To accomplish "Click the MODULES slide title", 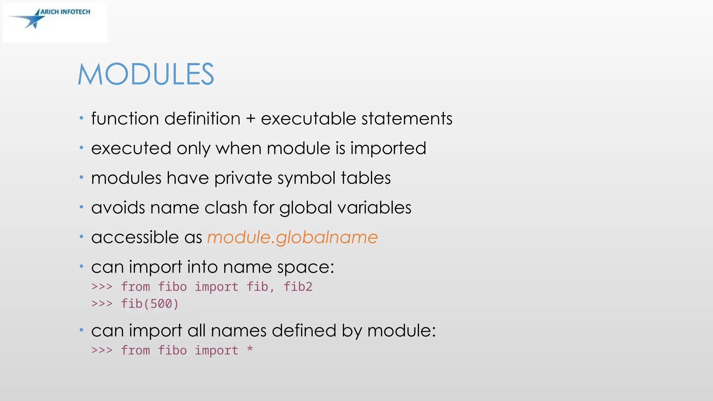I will point(146,74).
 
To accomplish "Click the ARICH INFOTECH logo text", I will point(65,12).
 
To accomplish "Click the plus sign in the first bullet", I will point(251,119).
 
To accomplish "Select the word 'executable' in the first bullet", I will point(308,119).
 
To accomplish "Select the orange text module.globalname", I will point(292,237).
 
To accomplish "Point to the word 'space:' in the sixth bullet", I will point(306,267).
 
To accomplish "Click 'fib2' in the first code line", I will point(298,287).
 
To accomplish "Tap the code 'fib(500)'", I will point(150,304).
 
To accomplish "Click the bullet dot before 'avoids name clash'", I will point(81,207).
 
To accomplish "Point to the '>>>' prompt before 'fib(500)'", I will point(102,304).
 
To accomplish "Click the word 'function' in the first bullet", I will point(125,119).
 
